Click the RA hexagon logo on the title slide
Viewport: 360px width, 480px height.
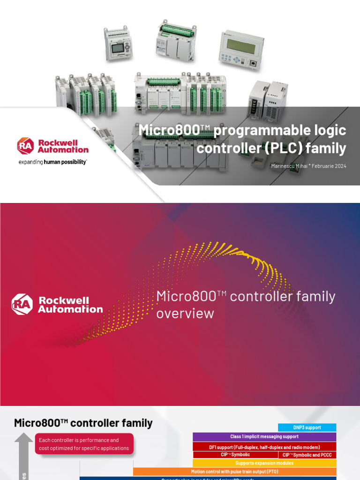25,145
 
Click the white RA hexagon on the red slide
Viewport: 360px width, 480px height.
22,304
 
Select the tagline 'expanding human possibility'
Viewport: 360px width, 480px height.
52,162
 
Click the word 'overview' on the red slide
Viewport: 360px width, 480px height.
185,313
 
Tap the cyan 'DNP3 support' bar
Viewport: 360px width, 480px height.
307,427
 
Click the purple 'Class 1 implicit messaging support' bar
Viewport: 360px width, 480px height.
264,437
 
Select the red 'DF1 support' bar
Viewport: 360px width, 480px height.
264,447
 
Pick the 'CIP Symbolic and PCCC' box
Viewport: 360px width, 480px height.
307,455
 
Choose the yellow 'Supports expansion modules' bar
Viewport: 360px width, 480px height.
264,463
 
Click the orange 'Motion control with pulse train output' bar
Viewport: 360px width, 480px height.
234,472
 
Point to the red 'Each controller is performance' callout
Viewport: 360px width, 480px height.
84,444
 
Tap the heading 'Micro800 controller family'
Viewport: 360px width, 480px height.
83,423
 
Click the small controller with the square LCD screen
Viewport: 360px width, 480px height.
118,45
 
